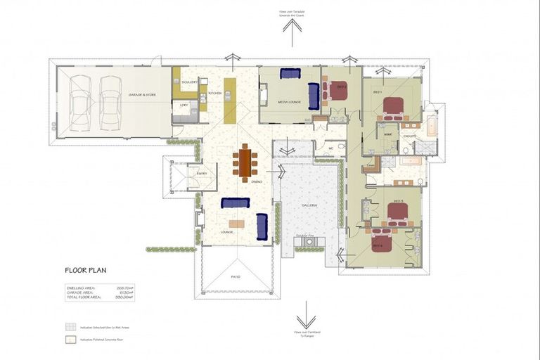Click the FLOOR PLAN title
tap(84, 270)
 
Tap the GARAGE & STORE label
tap(141, 94)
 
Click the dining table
tap(245, 162)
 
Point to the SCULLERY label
tap(188, 82)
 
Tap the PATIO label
tap(236, 276)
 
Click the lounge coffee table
tap(236, 224)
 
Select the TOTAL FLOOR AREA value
tap(124, 297)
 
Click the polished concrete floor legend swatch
tap(70, 340)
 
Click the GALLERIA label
tap(309, 205)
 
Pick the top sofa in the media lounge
tap(290, 72)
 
